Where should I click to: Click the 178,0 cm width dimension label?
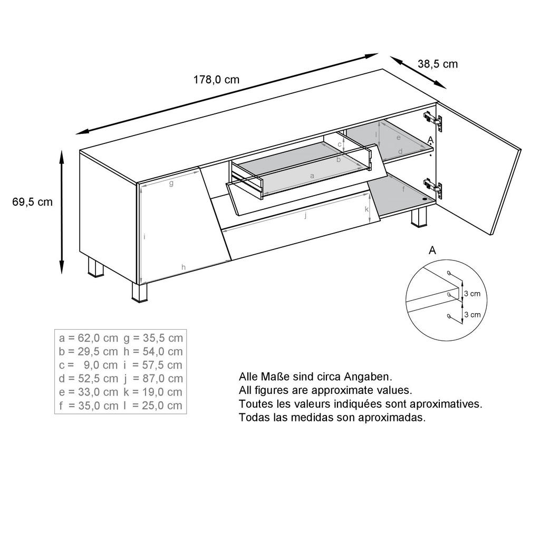216,80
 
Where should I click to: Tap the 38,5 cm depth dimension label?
438,64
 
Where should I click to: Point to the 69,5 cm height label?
33,202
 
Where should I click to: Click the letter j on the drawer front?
305,215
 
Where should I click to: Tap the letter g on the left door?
171,184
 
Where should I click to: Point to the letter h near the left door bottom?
184,267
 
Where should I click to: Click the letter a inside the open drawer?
312,175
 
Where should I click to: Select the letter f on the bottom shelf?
403,188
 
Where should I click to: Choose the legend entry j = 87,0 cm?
153,379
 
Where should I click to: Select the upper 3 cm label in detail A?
472,294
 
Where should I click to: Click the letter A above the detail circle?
432,250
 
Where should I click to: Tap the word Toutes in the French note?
254,404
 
